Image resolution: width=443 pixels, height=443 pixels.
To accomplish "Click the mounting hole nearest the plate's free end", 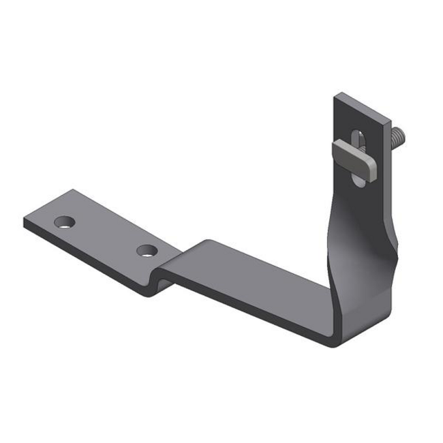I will tap(65, 221).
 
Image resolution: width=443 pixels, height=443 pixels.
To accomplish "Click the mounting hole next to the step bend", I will tap(145, 251).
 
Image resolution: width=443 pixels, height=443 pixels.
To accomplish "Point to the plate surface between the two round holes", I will tap(106, 235).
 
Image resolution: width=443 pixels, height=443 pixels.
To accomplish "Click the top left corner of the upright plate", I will tap(335, 96).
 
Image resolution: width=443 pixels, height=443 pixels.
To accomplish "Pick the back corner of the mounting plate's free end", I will tap(69, 192).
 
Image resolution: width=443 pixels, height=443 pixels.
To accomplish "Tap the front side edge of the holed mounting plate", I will tap(89, 262).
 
